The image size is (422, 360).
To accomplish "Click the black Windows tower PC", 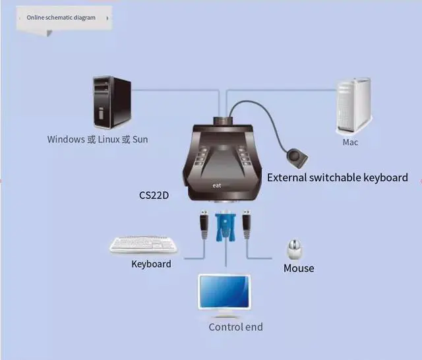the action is [111, 104].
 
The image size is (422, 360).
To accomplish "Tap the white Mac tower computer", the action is [354, 105].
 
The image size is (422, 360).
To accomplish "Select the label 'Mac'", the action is [351, 142].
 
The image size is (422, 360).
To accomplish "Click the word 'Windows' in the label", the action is [65, 139].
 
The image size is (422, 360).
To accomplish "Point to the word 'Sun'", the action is [140, 139].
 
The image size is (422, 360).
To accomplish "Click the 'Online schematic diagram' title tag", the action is [61, 18].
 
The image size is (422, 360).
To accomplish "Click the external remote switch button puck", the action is [296, 159].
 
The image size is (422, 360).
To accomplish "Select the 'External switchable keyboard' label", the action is [337, 177].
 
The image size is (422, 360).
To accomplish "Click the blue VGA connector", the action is [226, 226].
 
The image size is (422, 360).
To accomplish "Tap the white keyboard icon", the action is [144, 245].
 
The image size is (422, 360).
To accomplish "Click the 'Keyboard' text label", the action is [151, 264].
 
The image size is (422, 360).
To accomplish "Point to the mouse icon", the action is [295, 249].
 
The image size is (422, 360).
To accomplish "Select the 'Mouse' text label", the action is [299, 268].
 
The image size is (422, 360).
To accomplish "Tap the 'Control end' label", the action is [235, 327].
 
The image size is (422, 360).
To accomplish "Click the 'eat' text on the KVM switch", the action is [217, 186].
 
